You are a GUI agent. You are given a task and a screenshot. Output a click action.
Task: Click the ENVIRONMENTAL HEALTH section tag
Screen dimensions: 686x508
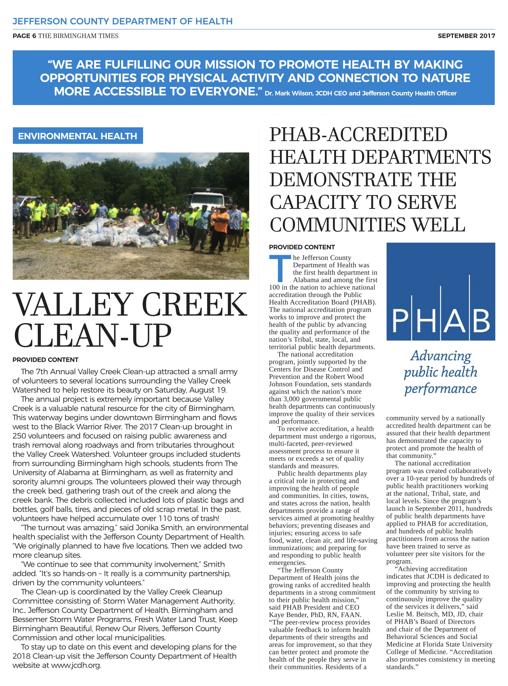coord(77,136)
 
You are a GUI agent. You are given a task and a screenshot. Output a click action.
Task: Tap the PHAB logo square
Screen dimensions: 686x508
coord(440,291)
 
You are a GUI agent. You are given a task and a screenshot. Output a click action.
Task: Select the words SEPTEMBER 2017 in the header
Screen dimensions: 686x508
coord(466,36)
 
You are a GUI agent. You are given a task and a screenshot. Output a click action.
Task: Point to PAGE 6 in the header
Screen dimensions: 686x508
coord(24,36)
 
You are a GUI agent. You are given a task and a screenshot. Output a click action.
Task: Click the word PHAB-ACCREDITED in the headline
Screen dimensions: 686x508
coord(358,134)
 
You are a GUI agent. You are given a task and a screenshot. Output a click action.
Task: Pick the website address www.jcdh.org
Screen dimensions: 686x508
coord(76,665)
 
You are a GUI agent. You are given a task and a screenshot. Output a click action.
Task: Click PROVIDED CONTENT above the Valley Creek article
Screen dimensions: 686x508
coord(45,360)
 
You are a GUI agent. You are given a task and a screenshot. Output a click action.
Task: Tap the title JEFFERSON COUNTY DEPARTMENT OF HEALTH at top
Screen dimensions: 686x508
coord(122,21)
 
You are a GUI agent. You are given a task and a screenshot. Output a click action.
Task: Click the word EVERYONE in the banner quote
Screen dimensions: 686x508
coord(223,91)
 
